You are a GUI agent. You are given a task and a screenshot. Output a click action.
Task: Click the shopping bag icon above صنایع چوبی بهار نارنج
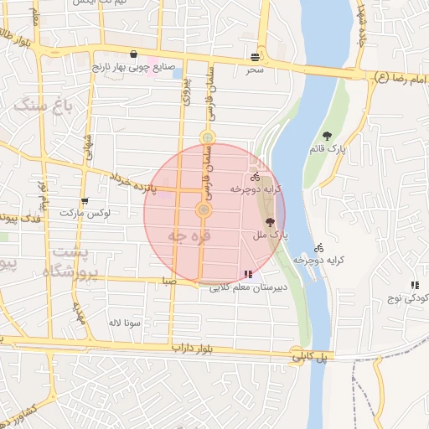pos(134,54)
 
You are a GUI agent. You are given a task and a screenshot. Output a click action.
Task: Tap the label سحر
pos(255,69)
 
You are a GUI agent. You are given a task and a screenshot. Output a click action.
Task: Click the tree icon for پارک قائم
pos(326,136)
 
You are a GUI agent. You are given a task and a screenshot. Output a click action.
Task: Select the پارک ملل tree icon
pos(270,223)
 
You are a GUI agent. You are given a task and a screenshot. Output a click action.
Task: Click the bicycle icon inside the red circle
pos(254,177)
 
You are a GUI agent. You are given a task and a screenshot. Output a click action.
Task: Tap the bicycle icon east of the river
pos(318,247)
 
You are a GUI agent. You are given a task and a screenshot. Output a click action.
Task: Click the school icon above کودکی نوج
pos(415,286)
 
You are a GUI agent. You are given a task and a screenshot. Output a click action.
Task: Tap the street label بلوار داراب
pos(194,345)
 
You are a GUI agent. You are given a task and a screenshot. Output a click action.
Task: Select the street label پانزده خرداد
pos(131,178)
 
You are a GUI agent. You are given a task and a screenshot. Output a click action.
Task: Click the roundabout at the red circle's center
pos(204,209)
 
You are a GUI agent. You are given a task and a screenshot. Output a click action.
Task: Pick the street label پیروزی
pos(186,91)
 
